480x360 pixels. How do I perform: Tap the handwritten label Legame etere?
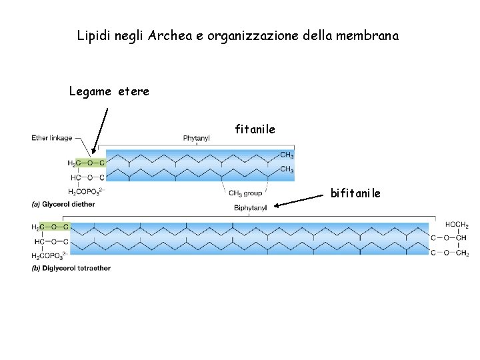click(x=109, y=91)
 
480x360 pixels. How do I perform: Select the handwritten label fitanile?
click(x=255, y=129)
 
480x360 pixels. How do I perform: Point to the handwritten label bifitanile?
click(x=355, y=193)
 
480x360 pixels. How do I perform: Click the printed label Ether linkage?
click(x=52, y=138)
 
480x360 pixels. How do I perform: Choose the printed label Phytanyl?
click(x=197, y=138)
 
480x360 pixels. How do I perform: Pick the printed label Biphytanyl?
click(x=251, y=208)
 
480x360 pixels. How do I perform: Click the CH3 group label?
click(x=245, y=193)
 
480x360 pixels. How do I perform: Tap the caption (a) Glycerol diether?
click(x=63, y=203)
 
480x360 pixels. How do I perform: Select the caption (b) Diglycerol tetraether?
click(x=71, y=268)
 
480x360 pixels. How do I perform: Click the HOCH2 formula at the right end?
click(x=457, y=225)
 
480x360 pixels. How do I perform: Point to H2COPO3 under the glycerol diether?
click(x=86, y=191)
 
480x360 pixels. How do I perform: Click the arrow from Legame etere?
click(x=100, y=130)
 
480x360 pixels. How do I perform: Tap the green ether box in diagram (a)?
click(x=90, y=163)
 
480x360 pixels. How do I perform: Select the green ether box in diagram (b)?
click(x=55, y=227)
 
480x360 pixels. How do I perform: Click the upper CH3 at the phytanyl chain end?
click(x=287, y=155)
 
